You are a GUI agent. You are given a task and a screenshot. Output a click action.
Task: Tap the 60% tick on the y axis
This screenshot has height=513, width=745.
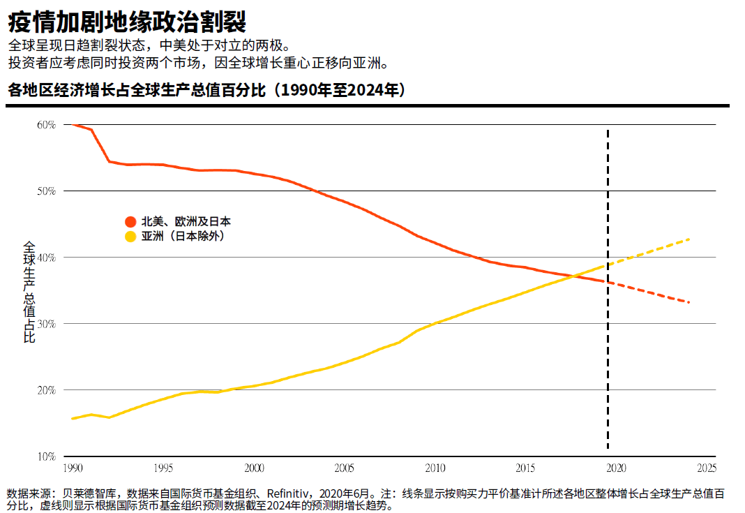[46, 125]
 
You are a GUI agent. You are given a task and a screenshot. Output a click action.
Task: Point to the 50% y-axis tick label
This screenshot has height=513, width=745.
[46, 191]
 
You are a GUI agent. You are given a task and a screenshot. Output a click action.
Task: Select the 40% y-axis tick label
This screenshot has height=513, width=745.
[46, 258]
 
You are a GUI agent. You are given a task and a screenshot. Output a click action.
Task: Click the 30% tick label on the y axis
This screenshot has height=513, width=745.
[46, 324]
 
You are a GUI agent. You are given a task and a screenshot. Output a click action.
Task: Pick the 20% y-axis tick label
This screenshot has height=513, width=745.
[46, 390]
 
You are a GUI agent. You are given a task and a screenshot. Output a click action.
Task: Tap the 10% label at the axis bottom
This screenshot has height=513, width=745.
[46, 456]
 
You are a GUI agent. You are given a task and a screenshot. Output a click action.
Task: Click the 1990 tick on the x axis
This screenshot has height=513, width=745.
[73, 468]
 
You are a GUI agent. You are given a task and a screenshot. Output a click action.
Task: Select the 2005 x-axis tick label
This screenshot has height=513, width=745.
[345, 468]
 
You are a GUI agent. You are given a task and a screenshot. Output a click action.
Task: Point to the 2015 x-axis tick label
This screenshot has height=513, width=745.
[526, 468]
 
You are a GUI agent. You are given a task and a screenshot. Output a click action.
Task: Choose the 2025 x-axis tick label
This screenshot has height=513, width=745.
[707, 468]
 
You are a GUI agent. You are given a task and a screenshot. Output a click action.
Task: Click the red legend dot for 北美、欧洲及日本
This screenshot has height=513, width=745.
[130, 222]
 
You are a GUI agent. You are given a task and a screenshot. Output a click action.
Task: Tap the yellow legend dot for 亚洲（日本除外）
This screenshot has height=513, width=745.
[130, 237]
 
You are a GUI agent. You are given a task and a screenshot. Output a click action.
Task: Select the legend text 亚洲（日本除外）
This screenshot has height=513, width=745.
[182, 237]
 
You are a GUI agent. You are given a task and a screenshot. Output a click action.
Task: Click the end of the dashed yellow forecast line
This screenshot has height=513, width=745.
[689, 239]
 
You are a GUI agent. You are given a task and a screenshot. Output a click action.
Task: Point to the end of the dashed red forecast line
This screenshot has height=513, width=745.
[689, 302]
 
